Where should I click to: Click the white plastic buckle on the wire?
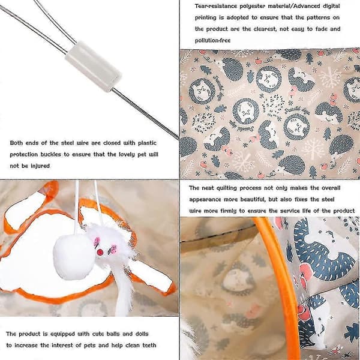(94, 67)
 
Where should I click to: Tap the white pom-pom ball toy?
(74, 256)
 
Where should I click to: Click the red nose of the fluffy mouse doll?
(100, 253)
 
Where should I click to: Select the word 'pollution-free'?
(212, 40)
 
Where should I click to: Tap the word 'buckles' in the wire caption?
(50, 154)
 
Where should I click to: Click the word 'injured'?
(40, 166)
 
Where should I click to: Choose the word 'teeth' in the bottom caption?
(149, 346)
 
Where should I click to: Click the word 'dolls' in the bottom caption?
(142, 334)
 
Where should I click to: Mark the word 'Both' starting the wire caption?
(16, 143)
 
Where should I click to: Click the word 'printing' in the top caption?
(206, 17)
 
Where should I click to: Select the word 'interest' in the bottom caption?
(62, 346)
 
